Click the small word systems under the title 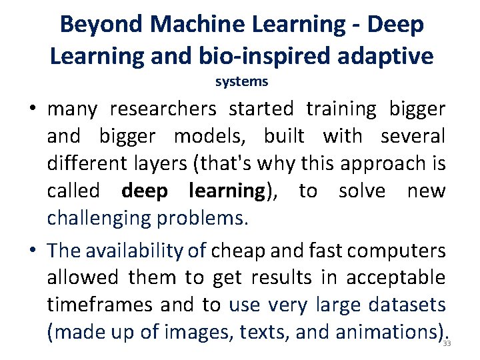tap(241, 82)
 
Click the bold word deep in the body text tap(145, 191)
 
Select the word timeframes tap(100, 305)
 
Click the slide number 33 tap(447, 343)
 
